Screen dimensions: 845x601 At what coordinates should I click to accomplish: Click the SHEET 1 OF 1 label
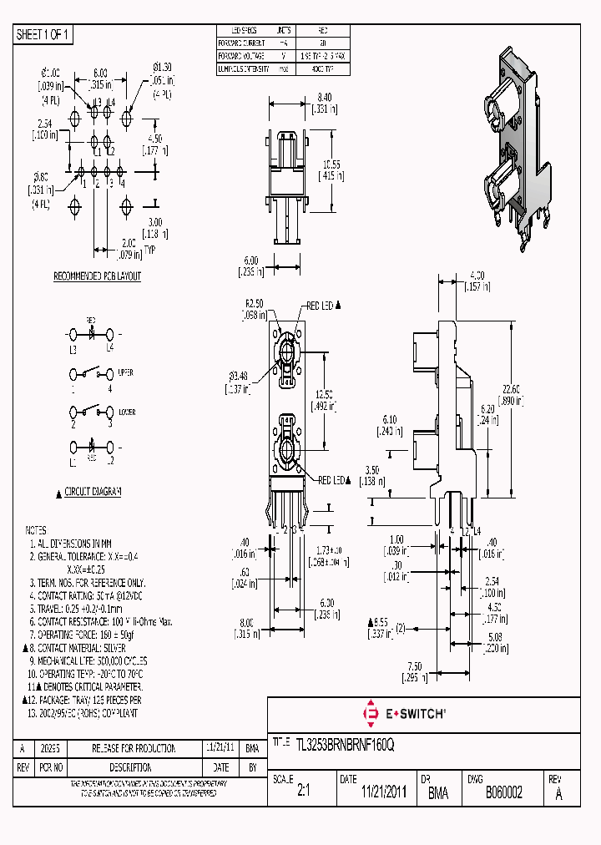pos(43,34)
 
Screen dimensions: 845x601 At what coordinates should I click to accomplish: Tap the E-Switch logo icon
pos(371,713)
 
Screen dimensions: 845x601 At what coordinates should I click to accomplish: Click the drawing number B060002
pos(503,793)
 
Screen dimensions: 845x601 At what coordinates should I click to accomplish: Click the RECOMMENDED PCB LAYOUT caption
pos(98,276)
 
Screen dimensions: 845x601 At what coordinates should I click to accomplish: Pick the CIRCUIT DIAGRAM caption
pos(93,492)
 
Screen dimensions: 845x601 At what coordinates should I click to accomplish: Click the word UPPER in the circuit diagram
pos(126,372)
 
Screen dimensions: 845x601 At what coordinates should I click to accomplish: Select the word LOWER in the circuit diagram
pos(126,412)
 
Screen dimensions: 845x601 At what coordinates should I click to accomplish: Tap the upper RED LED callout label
pos(322,306)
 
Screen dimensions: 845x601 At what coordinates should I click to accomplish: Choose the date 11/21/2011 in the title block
pos(383,793)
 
